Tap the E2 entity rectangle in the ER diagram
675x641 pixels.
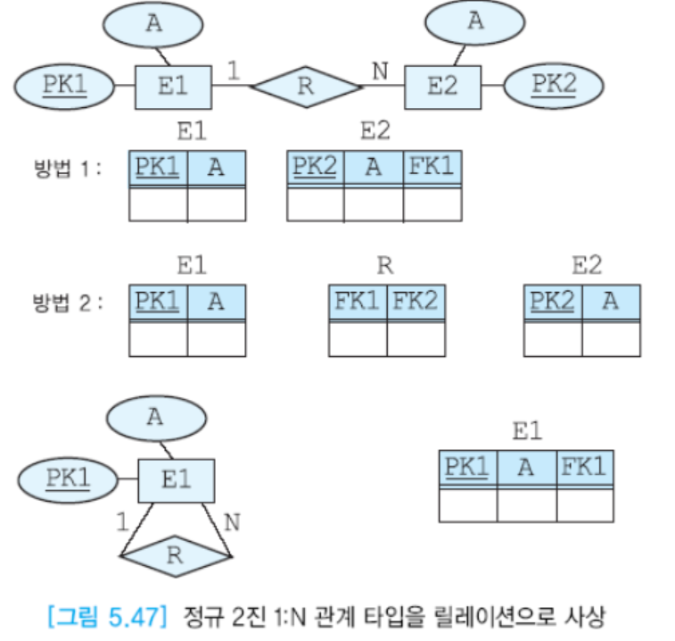click(442, 87)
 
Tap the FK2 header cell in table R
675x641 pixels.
click(415, 301)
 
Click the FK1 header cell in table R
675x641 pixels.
click(358, 301)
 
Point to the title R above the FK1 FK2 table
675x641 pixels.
click(385, 265)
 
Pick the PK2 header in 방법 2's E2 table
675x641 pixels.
click(554, 301)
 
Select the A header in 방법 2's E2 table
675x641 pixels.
click(611, 301)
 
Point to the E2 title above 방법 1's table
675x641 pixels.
click(375, 132)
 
